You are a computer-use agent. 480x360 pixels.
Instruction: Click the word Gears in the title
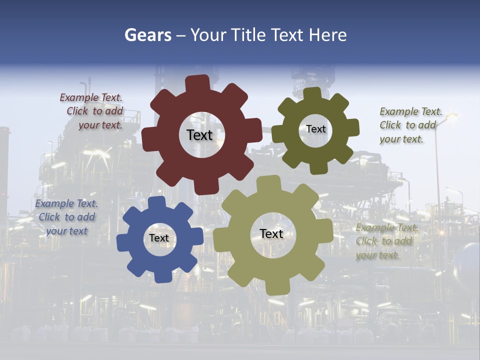pyautogui.click(x=148, y=35)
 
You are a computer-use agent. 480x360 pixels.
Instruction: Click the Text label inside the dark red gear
pyautogui.click(x=199, y=135)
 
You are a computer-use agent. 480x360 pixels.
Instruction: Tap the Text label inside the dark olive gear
pyautogui.click(x=315, y=129)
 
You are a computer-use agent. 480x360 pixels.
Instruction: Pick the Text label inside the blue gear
pyautogui.click(x=159, y=238)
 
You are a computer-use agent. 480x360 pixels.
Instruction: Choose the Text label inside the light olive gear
pyautogui.click(x=271, y=233)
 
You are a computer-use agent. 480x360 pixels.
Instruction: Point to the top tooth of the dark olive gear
pyautogui.click(x=312, y=94)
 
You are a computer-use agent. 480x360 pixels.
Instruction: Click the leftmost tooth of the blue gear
pyautogui.click(x=123, y=242)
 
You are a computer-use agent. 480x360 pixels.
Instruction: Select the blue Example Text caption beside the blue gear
pyautogui.click(x=66, y=217)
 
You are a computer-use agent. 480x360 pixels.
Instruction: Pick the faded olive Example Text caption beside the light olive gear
pyautogui.click(x=385, y=241)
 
